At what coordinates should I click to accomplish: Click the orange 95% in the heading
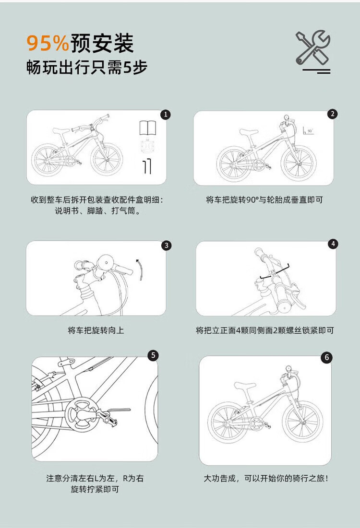(x=48, y=43)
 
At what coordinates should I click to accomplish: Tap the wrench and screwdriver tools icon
(x=313, y=48)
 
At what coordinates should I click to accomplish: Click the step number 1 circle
(x=165, y=115)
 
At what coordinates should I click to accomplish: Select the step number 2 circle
(x=332, y=114)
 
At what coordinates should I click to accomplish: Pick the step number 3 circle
(x=166, y=246)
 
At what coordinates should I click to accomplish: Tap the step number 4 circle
(x=333, y=244)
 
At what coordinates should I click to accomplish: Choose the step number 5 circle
(x=153, y=355)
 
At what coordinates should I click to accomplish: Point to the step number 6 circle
(x=326, y=357)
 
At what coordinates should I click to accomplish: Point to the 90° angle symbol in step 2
(x=308, y=130)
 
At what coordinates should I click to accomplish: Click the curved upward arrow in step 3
(x=140, y=270)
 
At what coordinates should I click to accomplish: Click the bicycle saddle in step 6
(x=245, y=386)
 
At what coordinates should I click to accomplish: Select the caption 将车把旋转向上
(x=96, y=330)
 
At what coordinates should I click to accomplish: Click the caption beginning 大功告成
(x=266, y=478)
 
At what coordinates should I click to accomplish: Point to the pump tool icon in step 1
(x=147, y=167)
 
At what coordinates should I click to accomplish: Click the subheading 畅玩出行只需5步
(x=87, y=67)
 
